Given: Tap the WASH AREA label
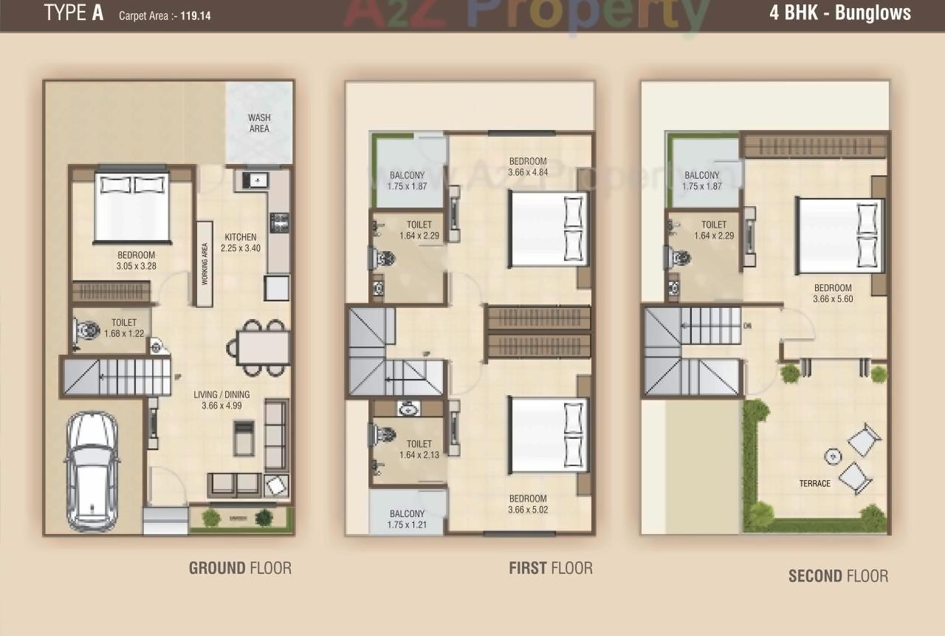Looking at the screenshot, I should (259, 123).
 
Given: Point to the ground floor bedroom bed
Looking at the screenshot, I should (132, 206).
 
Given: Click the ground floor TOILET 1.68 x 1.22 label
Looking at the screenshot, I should (123, 328).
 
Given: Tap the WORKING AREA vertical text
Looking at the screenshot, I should (205, 264).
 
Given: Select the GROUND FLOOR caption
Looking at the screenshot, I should (240, 568).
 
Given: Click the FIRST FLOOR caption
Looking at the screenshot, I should (550, 568).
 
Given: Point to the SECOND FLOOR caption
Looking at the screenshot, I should (838, 576).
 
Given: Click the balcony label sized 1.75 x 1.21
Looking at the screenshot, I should (407, 519).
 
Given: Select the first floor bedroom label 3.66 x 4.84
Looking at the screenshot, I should (527, 167).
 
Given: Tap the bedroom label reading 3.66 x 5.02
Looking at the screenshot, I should (527, 504).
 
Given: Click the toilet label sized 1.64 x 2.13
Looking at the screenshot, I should (419, 450).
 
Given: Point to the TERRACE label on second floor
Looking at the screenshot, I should (814, 484).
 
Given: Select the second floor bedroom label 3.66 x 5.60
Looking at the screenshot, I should (833, 293).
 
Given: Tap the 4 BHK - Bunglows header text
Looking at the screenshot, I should (840, 13).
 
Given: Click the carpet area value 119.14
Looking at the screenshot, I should (195, 15).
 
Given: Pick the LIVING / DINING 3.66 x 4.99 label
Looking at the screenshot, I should (221, 400).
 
